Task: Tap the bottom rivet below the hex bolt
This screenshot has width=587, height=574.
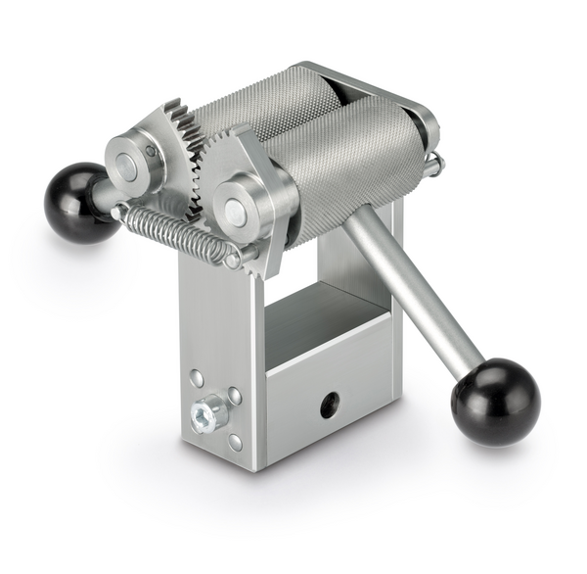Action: click(x=235, y=440)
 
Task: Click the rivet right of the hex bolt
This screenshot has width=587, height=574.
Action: click(x=235, y=396)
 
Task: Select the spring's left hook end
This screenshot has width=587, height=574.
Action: click(x=118, y=213)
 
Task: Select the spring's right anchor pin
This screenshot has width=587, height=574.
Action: click(x=232, y=261)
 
